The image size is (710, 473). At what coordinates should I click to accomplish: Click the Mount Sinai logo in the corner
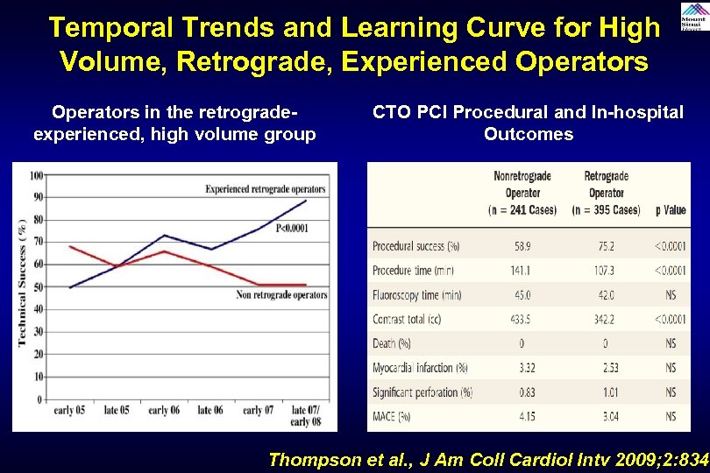point(691,16)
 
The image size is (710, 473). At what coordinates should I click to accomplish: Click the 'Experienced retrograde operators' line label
point(265,188)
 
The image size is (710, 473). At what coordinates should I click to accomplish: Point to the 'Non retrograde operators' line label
point(281,295)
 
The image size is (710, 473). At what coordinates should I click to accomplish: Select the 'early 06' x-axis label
point(164,410)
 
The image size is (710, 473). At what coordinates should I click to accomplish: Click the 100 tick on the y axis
point(36,175)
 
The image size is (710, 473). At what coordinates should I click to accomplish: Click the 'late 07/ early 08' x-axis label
point(305,415)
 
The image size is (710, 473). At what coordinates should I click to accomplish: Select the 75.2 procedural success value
point(606,246)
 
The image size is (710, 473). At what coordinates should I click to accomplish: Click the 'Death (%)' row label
point(392,343)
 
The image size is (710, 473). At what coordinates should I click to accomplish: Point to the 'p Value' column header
point(671,210)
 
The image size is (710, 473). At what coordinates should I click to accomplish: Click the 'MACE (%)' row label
point(392,417)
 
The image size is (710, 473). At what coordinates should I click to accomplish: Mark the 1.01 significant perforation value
point(606,392)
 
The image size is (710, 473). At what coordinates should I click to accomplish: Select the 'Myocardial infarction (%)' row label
point(420,368)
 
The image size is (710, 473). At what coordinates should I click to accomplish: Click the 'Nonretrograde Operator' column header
point(522,184)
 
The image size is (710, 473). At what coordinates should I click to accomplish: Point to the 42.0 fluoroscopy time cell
point(606,295)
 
